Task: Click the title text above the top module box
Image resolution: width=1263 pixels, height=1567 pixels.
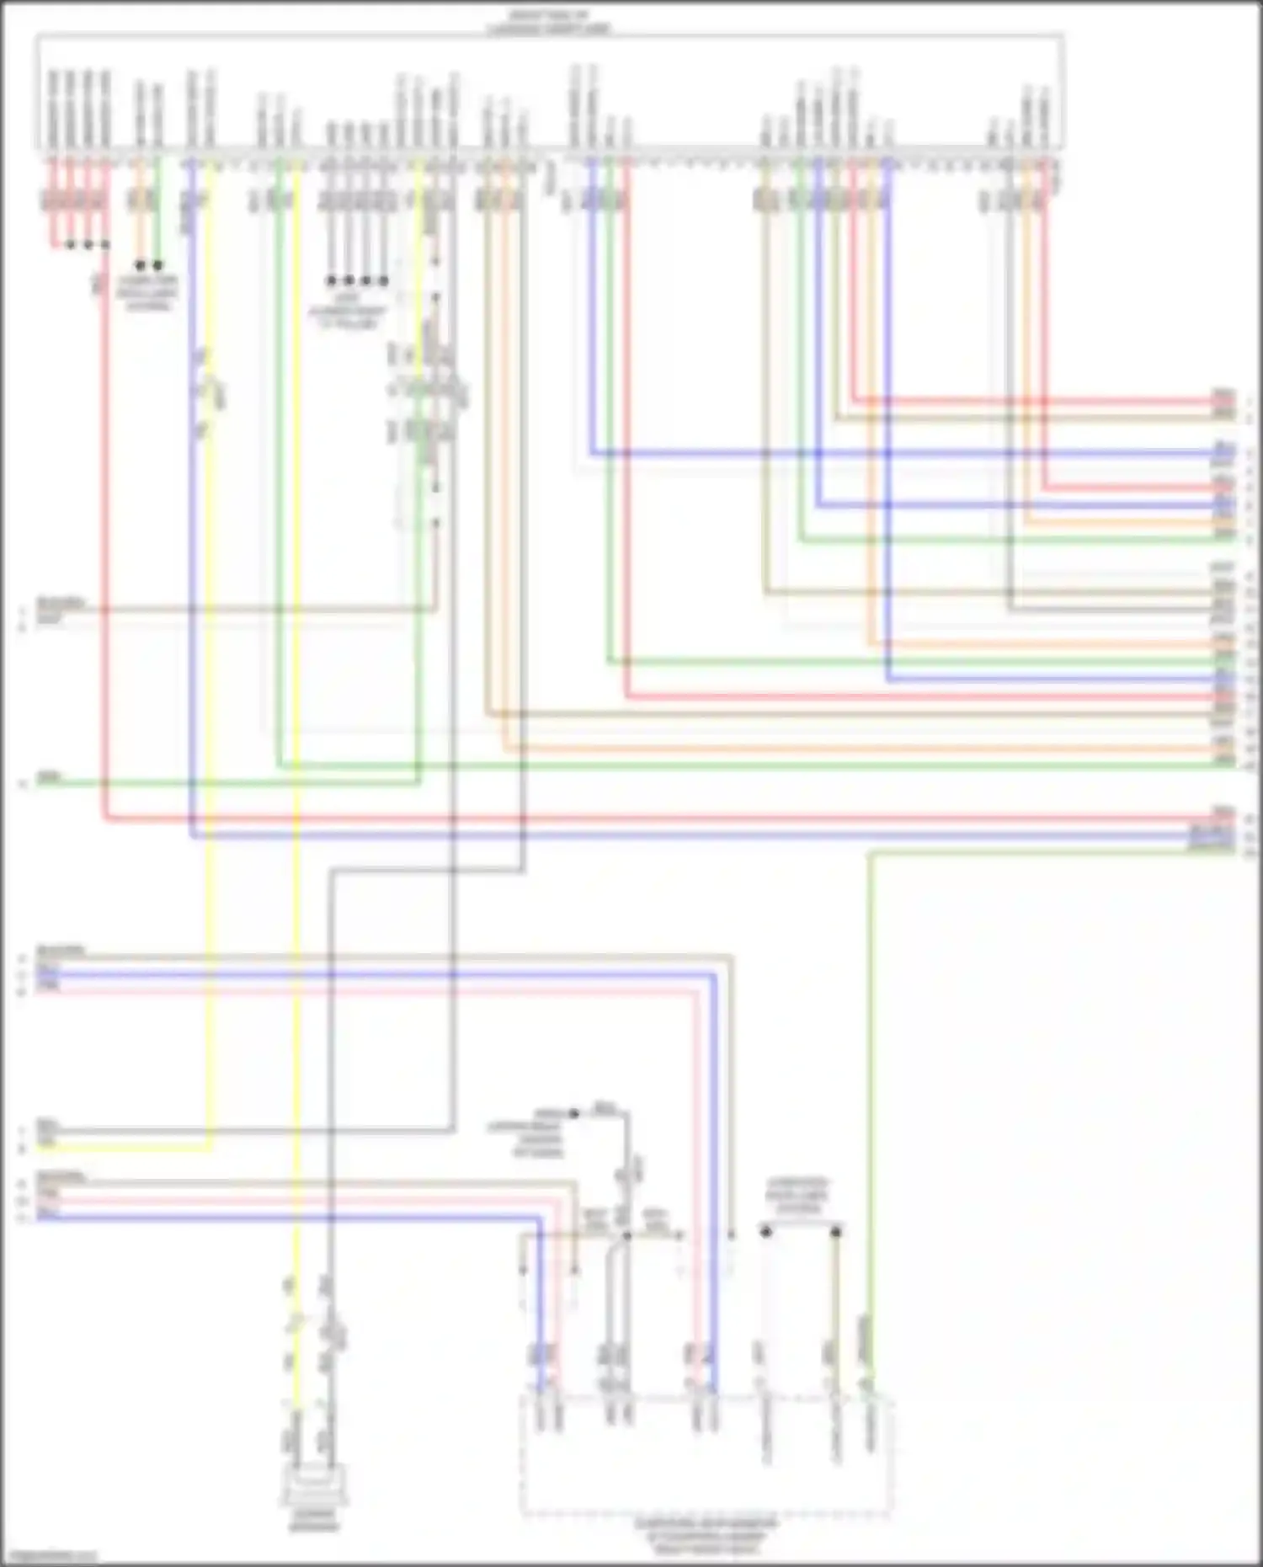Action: coord(548,22)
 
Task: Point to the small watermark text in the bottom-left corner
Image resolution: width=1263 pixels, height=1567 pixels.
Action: coord(49,1557)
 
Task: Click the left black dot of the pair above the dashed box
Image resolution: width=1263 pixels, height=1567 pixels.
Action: coord(765,1232)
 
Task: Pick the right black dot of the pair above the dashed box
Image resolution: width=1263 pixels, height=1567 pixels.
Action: coord(836,1232)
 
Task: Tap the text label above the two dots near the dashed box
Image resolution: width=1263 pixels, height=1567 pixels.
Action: coord(797,1196)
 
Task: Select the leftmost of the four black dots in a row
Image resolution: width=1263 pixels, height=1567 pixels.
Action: coord(331,280)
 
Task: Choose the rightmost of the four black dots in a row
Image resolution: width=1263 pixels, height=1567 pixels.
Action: coord(384,280)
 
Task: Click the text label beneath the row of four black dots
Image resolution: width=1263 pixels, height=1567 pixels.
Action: coord(348,311)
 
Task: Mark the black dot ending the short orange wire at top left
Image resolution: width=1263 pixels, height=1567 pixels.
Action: coord(140,265)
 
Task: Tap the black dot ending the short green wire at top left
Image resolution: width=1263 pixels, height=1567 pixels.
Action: coord(158,265)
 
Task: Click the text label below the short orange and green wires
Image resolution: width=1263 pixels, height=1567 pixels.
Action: coord(147,292)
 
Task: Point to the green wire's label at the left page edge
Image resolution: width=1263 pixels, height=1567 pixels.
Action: coord(49,778)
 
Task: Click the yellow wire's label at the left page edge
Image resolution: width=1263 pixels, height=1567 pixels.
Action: coord(47,1143)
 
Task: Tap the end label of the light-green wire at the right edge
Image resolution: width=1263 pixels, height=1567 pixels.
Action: coord(1212,850)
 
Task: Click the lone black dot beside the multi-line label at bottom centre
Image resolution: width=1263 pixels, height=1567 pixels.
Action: coord(574,1113)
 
